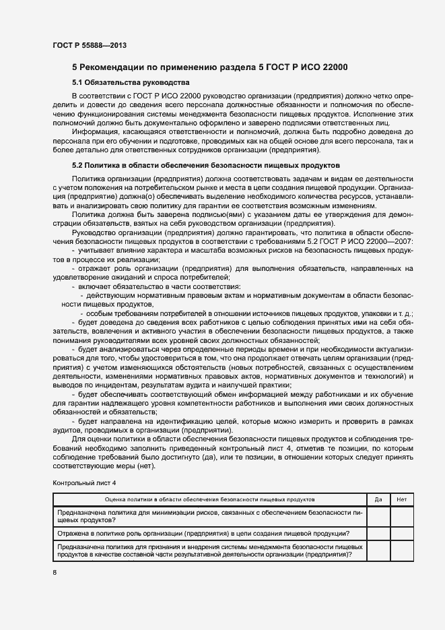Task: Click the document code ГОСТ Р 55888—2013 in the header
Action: pos(89,46)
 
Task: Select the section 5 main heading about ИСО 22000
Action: pos(209,67)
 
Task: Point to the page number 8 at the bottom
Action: pos(55,572)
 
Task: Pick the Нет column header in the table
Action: pos(402,499)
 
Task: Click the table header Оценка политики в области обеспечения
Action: pos(209,499)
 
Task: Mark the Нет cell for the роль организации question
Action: pos(402,534)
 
